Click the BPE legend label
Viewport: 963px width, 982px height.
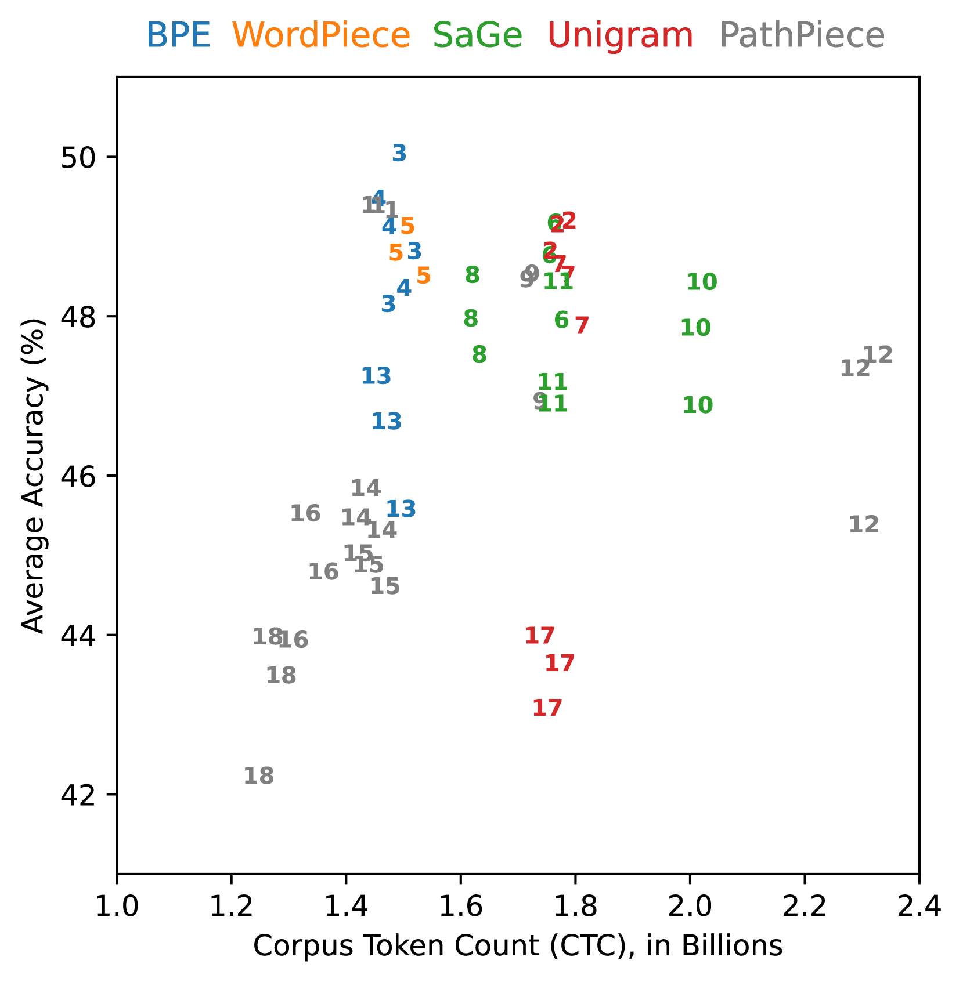click(x=178, y=35)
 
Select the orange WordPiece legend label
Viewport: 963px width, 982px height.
click(x=322, y=35)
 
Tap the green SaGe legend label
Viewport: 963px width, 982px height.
click(x=477, y=35)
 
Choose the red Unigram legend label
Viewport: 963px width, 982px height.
click(x=620, y=35)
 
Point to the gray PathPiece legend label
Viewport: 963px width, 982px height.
click(x=802, y=35)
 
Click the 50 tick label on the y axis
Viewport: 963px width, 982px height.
click(x=77, y=157)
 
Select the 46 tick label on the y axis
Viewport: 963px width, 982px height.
click(x=77, y=476)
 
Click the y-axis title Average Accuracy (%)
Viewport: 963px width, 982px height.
click(x=33, y=475)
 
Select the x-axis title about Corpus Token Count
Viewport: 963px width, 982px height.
click(x=518, y=946)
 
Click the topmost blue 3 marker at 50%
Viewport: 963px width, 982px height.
click(x=399, y=153)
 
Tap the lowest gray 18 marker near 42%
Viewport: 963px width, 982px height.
click(x=258, y=776)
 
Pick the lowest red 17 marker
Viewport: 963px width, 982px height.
click(x=547, y=708)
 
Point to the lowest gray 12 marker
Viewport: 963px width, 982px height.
click(x=864, y=524)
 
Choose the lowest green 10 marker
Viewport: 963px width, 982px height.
click(x=697, y=405)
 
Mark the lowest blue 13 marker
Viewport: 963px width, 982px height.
click(x=401, y=509)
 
